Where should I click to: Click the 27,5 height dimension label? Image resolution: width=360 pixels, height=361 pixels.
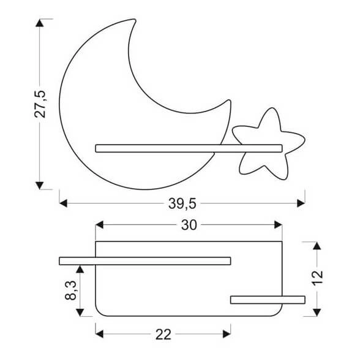coord(41,104)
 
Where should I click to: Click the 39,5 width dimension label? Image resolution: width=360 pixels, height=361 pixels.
coord(182,202)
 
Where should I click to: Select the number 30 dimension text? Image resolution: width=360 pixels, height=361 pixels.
coord(189,226)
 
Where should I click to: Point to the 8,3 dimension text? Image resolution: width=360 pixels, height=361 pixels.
coord(72,290)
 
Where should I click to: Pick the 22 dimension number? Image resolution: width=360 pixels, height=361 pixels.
coord(163,334)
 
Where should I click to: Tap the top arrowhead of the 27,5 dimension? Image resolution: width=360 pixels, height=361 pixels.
coord(40,23)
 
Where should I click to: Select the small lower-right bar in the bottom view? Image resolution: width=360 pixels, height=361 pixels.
coord(268,299)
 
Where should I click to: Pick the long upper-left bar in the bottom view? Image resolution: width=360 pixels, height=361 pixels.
coord(144,261)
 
